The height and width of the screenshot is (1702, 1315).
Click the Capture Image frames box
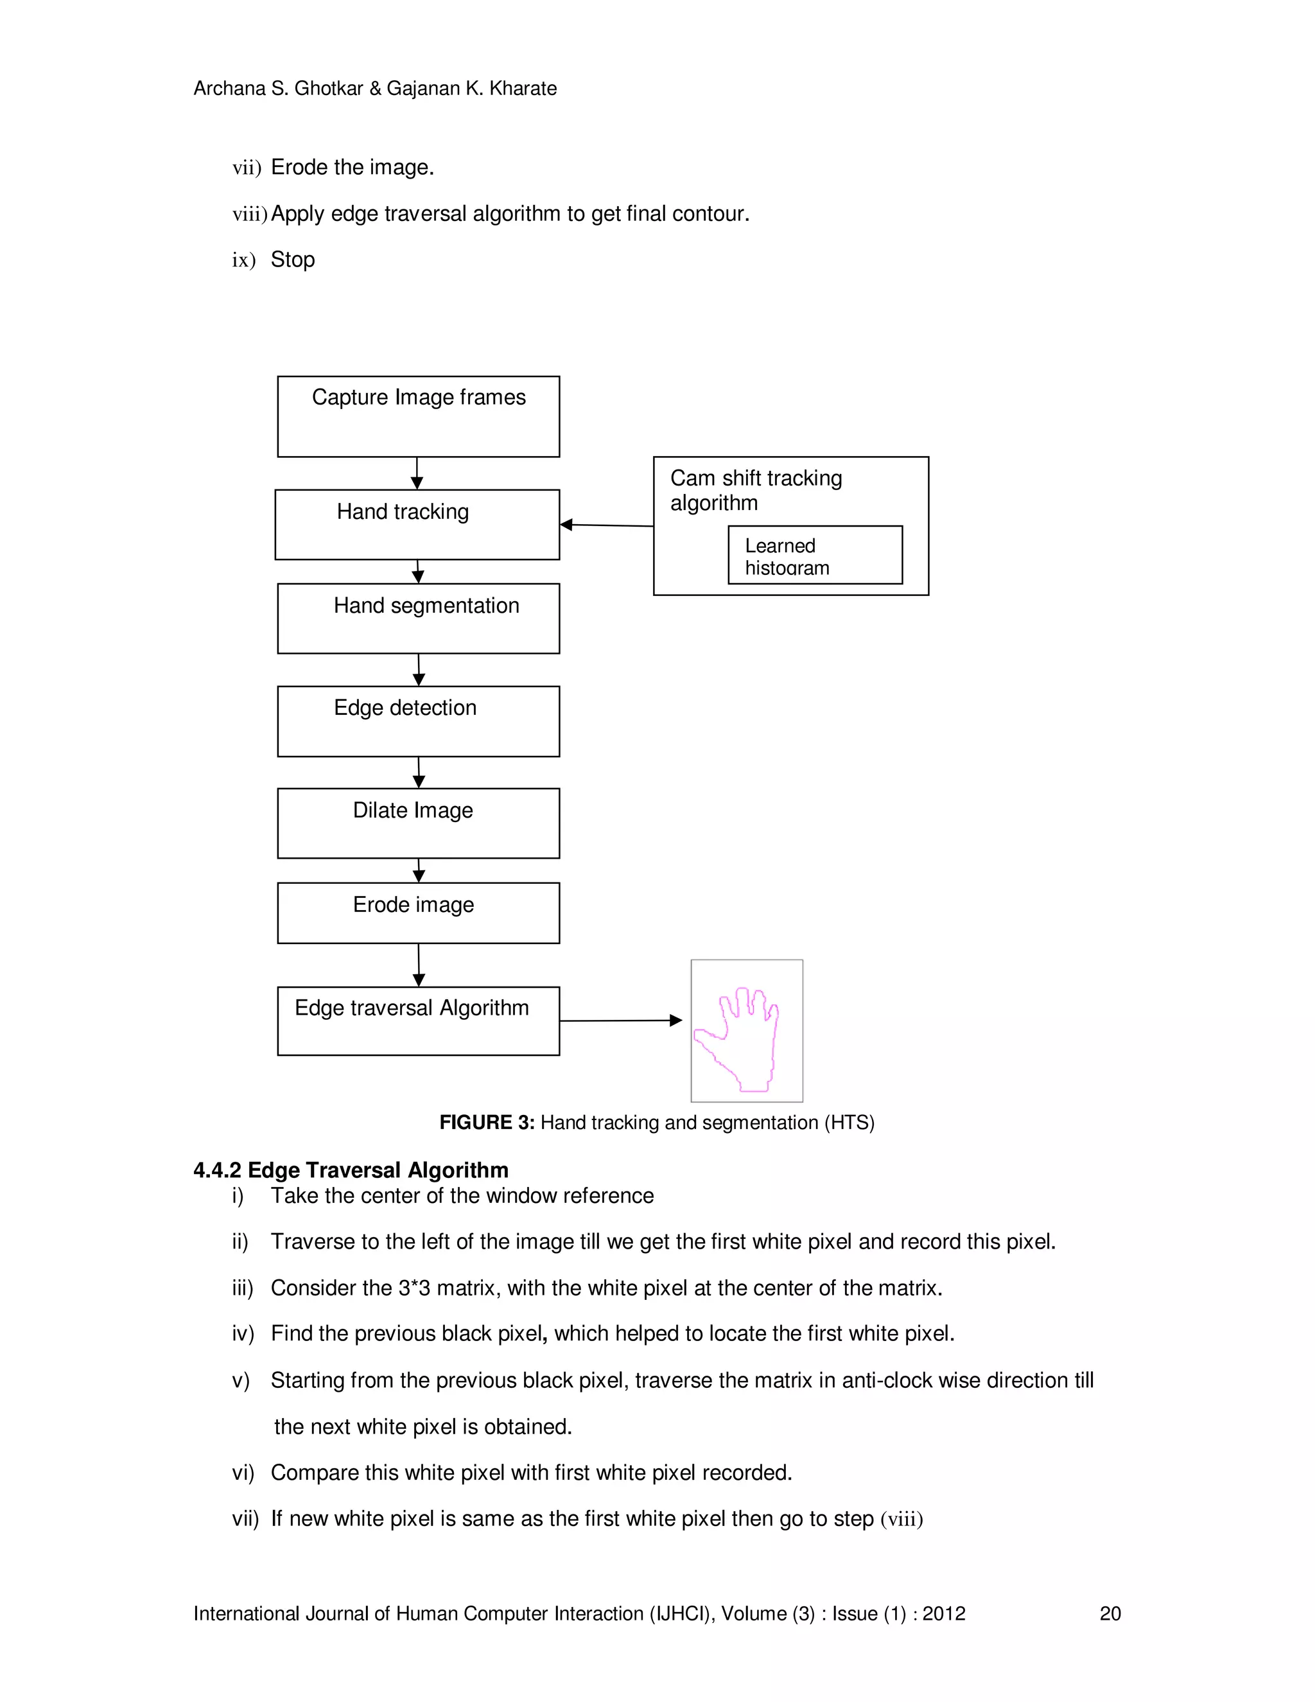point(419,416)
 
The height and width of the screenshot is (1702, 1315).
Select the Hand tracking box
point(417,525)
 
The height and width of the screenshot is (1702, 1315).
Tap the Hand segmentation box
point(419,618)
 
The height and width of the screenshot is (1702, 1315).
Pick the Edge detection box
point(419,721)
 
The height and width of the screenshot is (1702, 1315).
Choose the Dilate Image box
point(419,823)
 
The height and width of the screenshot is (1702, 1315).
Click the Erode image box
point(419,913)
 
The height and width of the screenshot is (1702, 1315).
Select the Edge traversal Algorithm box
point(419,1021)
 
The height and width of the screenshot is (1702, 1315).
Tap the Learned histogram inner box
point(815,555)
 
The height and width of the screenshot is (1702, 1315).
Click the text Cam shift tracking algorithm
point(756,490)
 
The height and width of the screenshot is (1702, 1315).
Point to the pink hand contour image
point(746,1030)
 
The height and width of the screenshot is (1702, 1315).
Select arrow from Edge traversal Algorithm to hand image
point(621,1020)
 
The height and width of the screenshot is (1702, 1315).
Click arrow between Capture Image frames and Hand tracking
point(417,473)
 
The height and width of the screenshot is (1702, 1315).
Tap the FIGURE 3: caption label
point(486,1122)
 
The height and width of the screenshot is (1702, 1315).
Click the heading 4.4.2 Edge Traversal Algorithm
point(351,1170)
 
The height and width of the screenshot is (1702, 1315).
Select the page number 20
point(1110,1613)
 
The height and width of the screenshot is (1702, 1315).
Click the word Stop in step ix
point(293,259)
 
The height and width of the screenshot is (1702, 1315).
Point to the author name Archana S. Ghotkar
point(278,89)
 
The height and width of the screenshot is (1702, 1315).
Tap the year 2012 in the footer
point(943,1613)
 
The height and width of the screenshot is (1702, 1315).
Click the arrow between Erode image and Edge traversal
point(419,965)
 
